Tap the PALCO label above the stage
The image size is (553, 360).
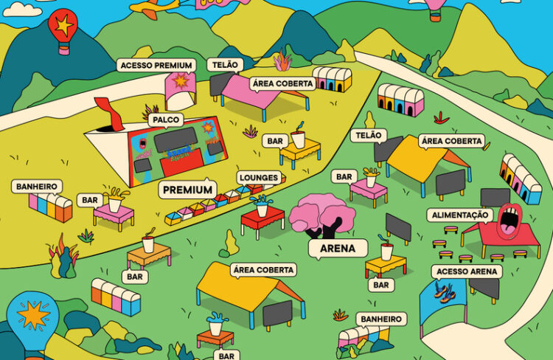165,119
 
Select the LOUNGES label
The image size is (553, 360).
258,178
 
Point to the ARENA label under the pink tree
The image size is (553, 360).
338,249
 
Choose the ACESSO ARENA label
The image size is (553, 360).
468,271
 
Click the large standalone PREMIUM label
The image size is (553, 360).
188,190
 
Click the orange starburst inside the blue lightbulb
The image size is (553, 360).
33,315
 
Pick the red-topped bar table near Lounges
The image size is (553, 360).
262,215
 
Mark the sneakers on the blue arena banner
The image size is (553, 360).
442,293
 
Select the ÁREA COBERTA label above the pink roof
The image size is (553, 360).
282,83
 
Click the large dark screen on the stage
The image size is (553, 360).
175,137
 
